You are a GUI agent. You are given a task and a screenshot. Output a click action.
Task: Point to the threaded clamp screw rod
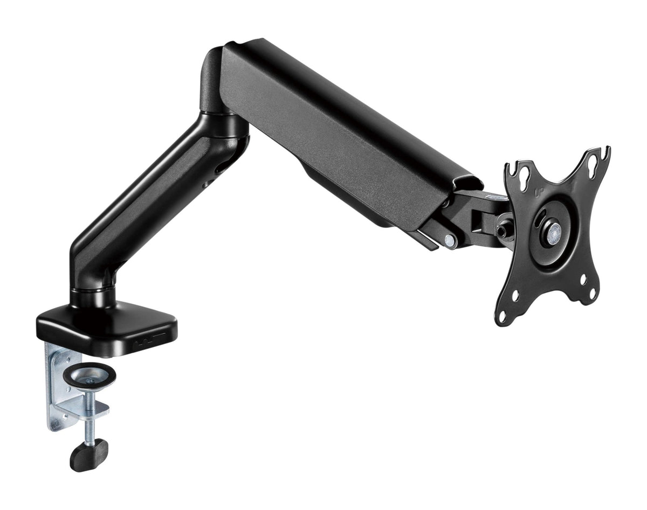90,420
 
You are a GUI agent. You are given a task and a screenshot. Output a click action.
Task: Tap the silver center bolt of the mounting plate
554,232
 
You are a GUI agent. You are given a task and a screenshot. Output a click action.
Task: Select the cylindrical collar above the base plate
93,296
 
